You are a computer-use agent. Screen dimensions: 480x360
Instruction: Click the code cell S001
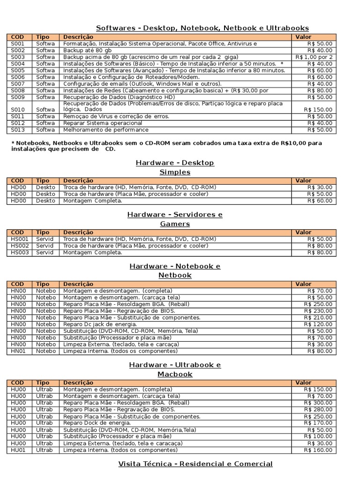[17, 44]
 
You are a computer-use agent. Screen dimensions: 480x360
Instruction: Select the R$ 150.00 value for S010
[320, 109]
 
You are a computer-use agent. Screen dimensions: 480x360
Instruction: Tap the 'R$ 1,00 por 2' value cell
[314, 57]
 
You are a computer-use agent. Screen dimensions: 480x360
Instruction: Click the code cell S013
[17, 129]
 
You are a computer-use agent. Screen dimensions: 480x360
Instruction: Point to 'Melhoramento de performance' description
[106, 129]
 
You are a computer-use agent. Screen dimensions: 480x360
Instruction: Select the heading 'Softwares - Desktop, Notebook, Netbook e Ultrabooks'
[202, 28]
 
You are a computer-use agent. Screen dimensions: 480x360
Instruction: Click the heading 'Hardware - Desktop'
[175, 163]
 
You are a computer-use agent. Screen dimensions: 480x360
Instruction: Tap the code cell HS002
[20, 246]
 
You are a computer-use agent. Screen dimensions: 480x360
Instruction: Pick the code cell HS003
[20, 252]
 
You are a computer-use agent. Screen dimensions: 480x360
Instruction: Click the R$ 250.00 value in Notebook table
[318, 304]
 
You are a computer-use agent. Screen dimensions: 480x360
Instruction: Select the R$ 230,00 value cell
[318, 310]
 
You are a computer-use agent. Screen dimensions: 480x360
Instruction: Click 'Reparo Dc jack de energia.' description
[100, 324]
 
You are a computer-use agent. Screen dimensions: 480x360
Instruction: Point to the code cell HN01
[19, 351]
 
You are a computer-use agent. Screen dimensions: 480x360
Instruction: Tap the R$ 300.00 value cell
[318, 403]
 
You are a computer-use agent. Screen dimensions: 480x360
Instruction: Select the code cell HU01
[19, 450]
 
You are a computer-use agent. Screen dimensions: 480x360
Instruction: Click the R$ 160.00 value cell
[318, 450]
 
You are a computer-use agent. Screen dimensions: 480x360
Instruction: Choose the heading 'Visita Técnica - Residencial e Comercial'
[195, 464]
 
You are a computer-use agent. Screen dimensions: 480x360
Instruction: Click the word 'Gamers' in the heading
[175, 224]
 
